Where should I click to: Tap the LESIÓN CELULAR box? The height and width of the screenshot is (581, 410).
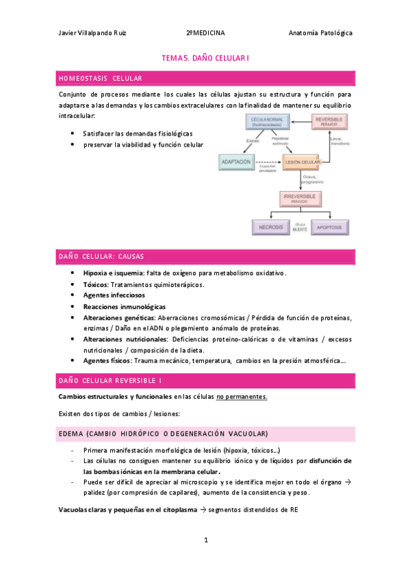[x=300, y=162]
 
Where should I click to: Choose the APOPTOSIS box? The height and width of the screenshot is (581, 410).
[x=331, y=227]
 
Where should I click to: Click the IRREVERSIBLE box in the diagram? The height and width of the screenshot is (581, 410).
[x=300, y=198]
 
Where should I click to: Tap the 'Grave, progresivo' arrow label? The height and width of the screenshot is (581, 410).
[x=312, y=180]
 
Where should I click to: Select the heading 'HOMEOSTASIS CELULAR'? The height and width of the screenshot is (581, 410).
[x=101, y=79]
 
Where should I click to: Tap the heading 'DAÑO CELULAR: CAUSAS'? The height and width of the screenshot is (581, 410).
[x=101, y=257]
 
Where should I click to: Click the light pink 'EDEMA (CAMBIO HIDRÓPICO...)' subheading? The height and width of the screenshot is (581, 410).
[x=163, y=434]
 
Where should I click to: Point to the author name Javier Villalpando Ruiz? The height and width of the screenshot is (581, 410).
[x=92, y=32]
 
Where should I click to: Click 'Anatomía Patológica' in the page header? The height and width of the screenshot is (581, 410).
[x=320, y=32]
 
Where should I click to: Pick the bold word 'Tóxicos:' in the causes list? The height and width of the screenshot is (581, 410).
[x=96, y=284]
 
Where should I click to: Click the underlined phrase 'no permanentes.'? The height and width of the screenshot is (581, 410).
[x=242, y=397]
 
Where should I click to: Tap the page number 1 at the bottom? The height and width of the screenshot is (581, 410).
[x=205, y=541]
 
